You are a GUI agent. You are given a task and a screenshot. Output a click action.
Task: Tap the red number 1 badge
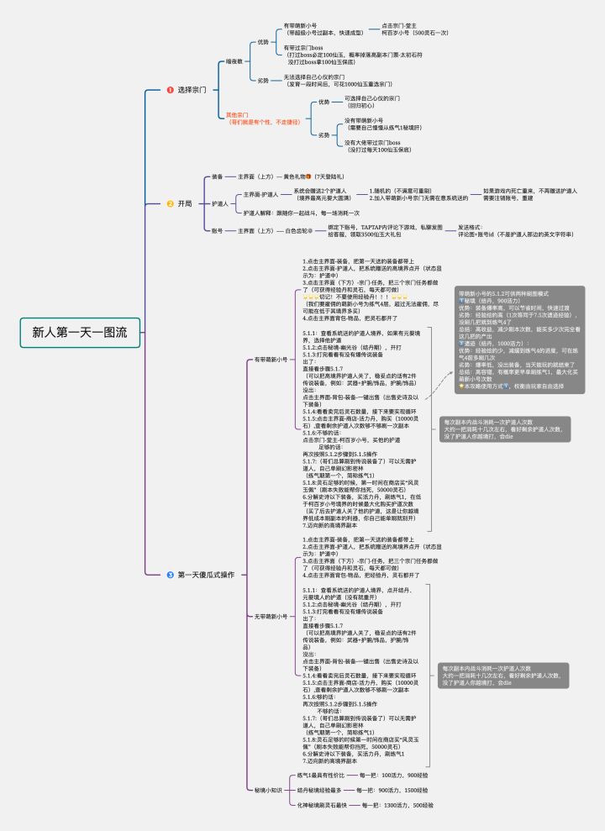[169, 89]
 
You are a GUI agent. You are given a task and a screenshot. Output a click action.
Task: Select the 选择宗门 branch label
[192, 89]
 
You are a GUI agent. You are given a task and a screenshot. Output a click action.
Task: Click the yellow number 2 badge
[169, 203]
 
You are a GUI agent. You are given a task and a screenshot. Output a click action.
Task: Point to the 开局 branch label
[185, 203]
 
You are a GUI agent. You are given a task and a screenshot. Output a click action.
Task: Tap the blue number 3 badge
[169, 574]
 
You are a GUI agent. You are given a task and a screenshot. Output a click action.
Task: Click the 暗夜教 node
[234, 61]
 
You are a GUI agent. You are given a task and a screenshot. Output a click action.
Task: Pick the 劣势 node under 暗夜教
[264, 80]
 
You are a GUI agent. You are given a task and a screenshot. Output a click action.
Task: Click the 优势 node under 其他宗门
[324, 102]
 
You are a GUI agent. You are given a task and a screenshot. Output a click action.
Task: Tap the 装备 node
[218, 177]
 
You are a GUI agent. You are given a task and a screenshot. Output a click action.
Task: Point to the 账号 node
[218, 230]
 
